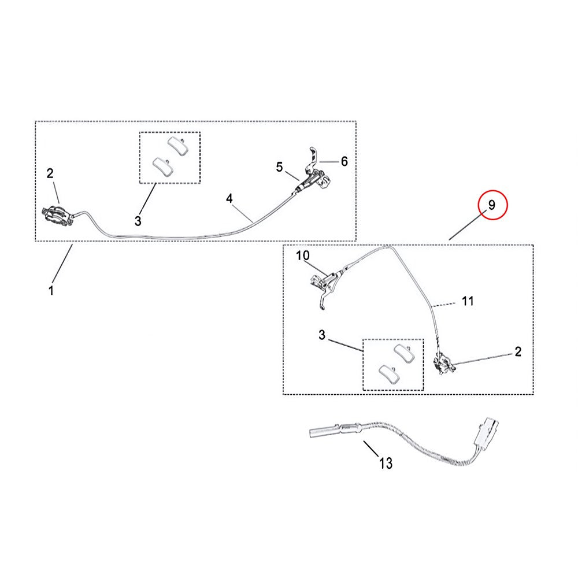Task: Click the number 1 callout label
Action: (x=51, y=290)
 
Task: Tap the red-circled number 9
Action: (x=492, y=205)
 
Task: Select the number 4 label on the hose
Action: (x=229, y=198)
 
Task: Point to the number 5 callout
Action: (x=280, y=167)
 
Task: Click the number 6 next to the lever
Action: (x=344, y=161)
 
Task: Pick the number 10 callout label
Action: (x=303, y=255)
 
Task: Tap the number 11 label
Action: (x=468, y=301)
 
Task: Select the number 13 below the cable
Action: (x=386, y=463)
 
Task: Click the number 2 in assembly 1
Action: (x=50, y=172)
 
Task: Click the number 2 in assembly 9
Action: (x=518, y=352)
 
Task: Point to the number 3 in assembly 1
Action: (x=138, y=220)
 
